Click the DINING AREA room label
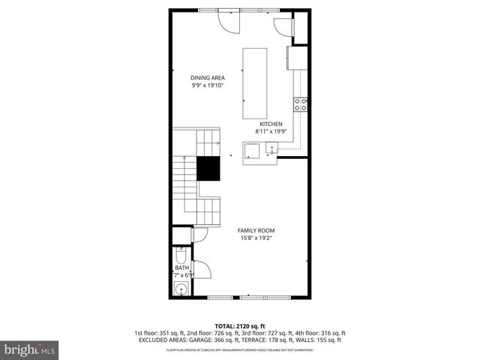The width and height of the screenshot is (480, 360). click(x=208, y=77)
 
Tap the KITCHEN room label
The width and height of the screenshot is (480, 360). click(x=271, y=124)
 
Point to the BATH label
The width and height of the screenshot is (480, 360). click(x=181, y=268)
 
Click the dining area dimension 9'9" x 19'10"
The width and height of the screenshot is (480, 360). click(x=208, y=85)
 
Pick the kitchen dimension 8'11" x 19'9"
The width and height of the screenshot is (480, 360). click(x=270, y=131)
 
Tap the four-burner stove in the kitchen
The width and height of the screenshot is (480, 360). click(x=301, y=104)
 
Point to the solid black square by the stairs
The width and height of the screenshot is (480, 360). click(x=208, y=169)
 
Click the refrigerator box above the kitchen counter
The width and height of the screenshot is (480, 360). click(x=297, y=58)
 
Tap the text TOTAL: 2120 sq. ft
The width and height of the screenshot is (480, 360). click(x=240, y=325)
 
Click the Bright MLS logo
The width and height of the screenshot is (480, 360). click(x=29, y=349)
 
